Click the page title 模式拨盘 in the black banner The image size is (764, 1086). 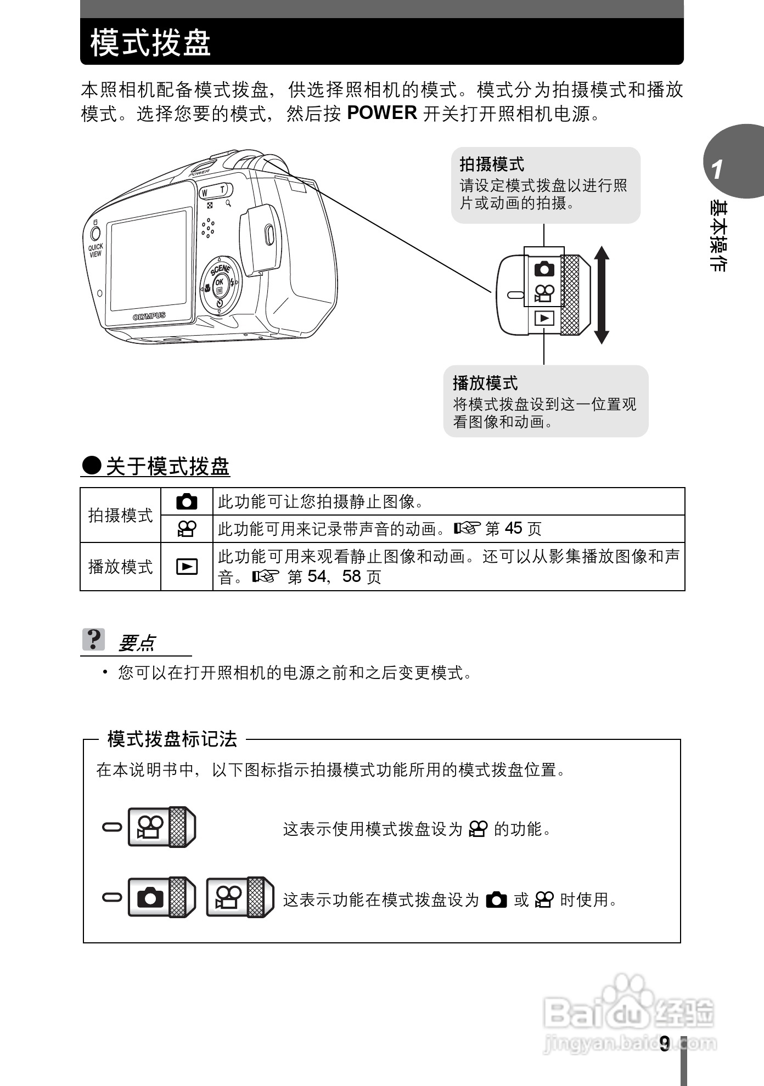tap(151, 43)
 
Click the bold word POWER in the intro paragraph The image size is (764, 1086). tap(382, 113)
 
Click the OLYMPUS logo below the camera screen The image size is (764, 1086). tap(149, 316)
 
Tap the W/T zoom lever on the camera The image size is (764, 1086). tap(214, 191)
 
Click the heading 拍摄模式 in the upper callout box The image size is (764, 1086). tap(492, 164)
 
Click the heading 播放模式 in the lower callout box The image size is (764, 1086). tap(485, 383)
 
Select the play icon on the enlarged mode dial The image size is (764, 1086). tap(544, 319)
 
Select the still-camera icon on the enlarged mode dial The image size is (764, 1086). tap(544, 269)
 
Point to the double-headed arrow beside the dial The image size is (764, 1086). tap(602, 295)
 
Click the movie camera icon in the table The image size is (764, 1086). tap(187, 529)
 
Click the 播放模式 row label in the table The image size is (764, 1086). tap(120, 567)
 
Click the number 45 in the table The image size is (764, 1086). tap(513, 529)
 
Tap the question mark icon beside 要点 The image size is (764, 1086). tap(94, 640)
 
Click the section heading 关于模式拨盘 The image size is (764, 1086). tap(167, 467)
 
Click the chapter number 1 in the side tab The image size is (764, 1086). tap(717, 170)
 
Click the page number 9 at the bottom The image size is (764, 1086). tap(665, 1044)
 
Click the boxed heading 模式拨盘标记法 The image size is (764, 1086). tap(172, 739)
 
